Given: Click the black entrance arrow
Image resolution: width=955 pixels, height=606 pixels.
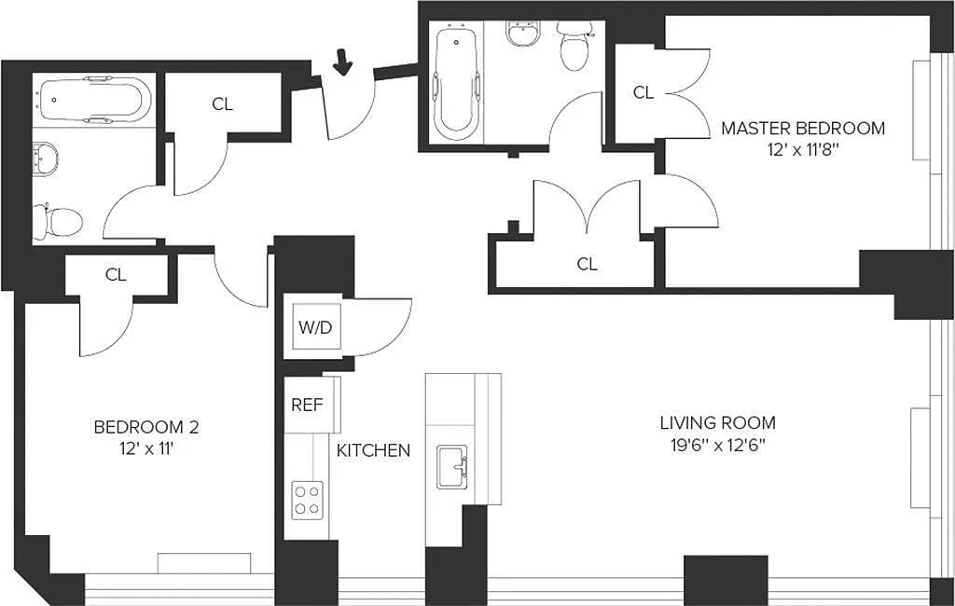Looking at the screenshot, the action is tap(343, 62).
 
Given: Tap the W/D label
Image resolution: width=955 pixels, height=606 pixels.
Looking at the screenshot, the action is tap(315, 327).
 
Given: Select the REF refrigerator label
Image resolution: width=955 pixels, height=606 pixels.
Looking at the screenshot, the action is tap(306, 405).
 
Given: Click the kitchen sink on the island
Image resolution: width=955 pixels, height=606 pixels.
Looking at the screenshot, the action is tap(452, 467).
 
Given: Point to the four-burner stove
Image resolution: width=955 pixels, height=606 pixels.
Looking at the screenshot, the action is tap(307, 500).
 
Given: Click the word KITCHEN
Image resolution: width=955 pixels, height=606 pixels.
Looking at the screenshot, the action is tap(373, 450).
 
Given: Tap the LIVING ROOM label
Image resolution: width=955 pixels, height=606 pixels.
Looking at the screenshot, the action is tap(718, 422).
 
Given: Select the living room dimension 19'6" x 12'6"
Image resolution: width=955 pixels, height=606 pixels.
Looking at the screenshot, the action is tap(718, 446).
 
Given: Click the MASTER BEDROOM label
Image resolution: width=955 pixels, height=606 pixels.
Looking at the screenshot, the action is tap(803, 129).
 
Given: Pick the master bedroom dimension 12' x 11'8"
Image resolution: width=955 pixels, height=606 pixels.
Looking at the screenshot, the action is tap(803, 151).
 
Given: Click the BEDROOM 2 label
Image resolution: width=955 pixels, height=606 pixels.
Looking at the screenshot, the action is tap(146, 427).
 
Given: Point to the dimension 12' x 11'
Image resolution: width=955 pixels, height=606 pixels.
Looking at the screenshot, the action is tap(146, 450).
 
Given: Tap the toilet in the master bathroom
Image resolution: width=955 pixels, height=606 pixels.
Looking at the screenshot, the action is tap(574, 46).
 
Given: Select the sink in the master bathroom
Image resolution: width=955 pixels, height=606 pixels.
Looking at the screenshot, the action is tap(522, 34).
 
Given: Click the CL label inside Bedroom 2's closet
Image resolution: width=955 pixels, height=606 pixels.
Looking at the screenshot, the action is tap(116, 275).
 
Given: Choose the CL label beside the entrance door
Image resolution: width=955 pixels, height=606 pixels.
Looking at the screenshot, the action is tap(222, 104).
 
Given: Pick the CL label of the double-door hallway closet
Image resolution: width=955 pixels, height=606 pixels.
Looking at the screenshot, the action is tap(588, 264).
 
